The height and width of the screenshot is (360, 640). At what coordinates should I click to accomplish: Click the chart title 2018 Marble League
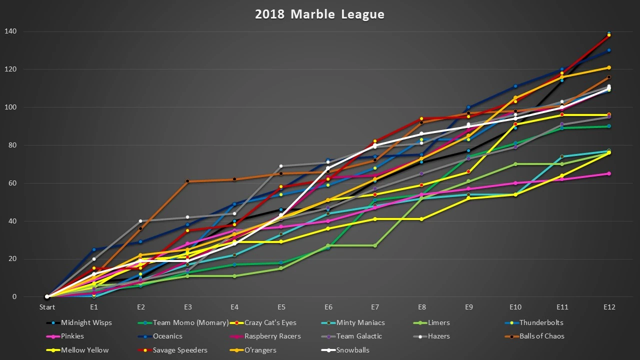coord(319,14)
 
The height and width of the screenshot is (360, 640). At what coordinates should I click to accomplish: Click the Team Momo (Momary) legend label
coord(190,322)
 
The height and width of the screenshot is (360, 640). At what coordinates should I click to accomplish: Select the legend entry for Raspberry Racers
coord(273,336)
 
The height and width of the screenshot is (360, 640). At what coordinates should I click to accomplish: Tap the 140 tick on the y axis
coord(24,31)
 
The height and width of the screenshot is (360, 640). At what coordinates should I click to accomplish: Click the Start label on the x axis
coord(47,306)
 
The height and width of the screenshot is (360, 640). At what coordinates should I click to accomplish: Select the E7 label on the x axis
coord(375,306)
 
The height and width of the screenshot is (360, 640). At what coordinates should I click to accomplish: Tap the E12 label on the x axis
coord(608,306)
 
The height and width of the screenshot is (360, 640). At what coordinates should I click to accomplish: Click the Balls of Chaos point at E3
coord(187,181)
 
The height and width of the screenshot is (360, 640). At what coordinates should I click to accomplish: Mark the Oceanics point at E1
coord(94,249)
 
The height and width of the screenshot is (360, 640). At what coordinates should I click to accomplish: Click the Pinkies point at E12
coord(608,173)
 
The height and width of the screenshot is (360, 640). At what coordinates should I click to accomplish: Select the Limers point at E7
coord(375,245)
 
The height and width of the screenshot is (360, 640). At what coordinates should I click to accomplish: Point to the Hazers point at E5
coord(281,166)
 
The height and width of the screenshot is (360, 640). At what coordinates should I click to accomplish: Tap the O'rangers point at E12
coord(608,67)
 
